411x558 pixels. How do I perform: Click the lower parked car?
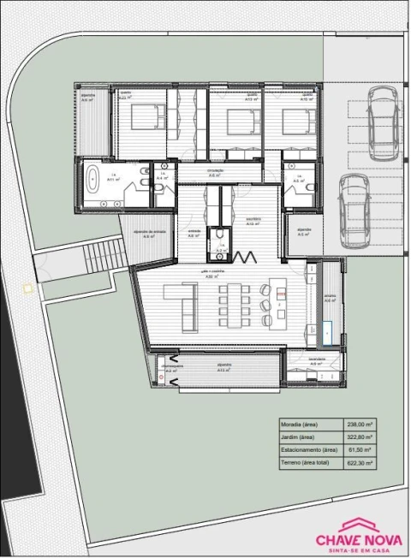pos(353,209)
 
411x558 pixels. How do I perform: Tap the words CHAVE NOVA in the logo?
pos(360,539)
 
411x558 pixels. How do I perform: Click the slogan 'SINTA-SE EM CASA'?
pos(360,550)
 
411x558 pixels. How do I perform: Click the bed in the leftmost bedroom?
pos(146,116)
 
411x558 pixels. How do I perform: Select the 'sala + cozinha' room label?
pos(210,270)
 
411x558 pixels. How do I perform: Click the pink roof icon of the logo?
pos(360,524)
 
